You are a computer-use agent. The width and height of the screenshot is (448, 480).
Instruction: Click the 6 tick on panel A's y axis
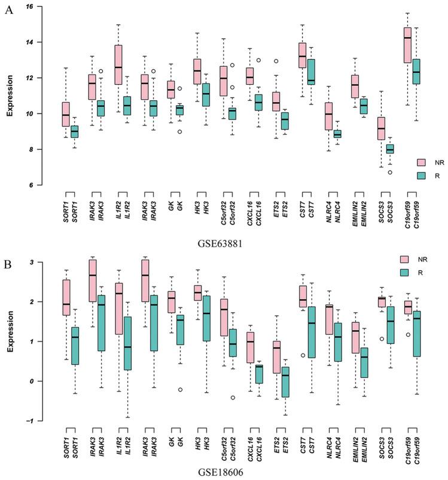pyautogui.click(x=31, y=185)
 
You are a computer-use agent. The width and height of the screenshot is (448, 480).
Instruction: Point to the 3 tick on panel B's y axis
pyautogui.click(x=32, y=262)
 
